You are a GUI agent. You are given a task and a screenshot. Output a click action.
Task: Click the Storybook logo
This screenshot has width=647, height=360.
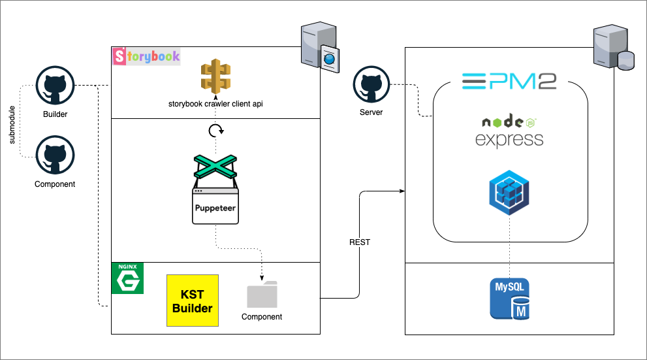point(147,56)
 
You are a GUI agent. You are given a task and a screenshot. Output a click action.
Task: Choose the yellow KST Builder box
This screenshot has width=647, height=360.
point(193,301)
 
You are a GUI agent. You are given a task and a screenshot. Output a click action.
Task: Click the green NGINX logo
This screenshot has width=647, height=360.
point(127,278)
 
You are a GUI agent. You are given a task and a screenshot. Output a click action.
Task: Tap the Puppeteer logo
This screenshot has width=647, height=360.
point(216,189)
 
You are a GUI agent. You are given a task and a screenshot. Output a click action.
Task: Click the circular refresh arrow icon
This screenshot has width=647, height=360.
point(216,131)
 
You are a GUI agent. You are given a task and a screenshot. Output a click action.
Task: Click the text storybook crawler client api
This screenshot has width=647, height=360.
point(216,104)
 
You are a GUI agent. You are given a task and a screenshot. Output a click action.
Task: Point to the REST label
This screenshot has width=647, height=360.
point(360,242)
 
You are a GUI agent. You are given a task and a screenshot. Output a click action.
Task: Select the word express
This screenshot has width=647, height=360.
point(509,139)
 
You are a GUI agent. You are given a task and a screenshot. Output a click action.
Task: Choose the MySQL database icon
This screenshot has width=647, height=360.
point(510,299)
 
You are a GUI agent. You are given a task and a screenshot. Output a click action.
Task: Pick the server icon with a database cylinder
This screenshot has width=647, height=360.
point(612,48)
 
